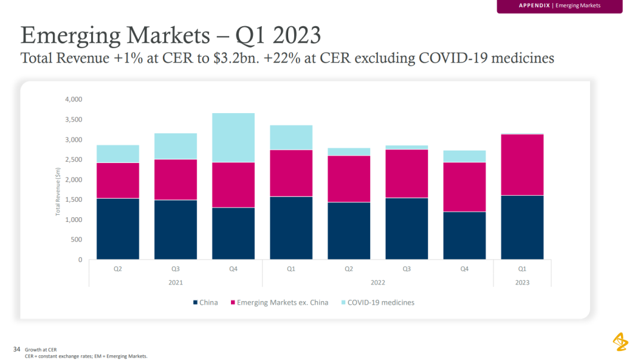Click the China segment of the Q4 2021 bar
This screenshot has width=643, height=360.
click(x=233, y=233)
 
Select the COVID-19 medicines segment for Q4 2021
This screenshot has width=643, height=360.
click(x=233, y=137)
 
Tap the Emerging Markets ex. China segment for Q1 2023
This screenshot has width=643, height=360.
click(x=522, y=165)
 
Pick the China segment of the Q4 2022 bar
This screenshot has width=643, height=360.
click(x=464, y=236)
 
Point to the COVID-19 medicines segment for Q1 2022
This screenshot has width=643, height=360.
click(x=291, y=137)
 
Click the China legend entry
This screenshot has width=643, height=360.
click(x=205, y=302)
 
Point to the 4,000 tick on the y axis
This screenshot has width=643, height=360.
click(x=74, y=99)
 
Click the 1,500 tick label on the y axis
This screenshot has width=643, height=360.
click(x=74, y=200)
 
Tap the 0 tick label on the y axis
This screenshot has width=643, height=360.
click(x=80, y=260)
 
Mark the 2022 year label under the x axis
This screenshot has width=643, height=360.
click(x=377, y=282)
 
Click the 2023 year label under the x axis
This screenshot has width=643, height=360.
click(x=522, y=282)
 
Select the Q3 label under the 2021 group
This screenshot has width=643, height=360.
click(x=176, y=269)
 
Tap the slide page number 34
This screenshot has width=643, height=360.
click(x=17, y=349)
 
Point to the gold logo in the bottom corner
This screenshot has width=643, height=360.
click(x=620, y=342)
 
